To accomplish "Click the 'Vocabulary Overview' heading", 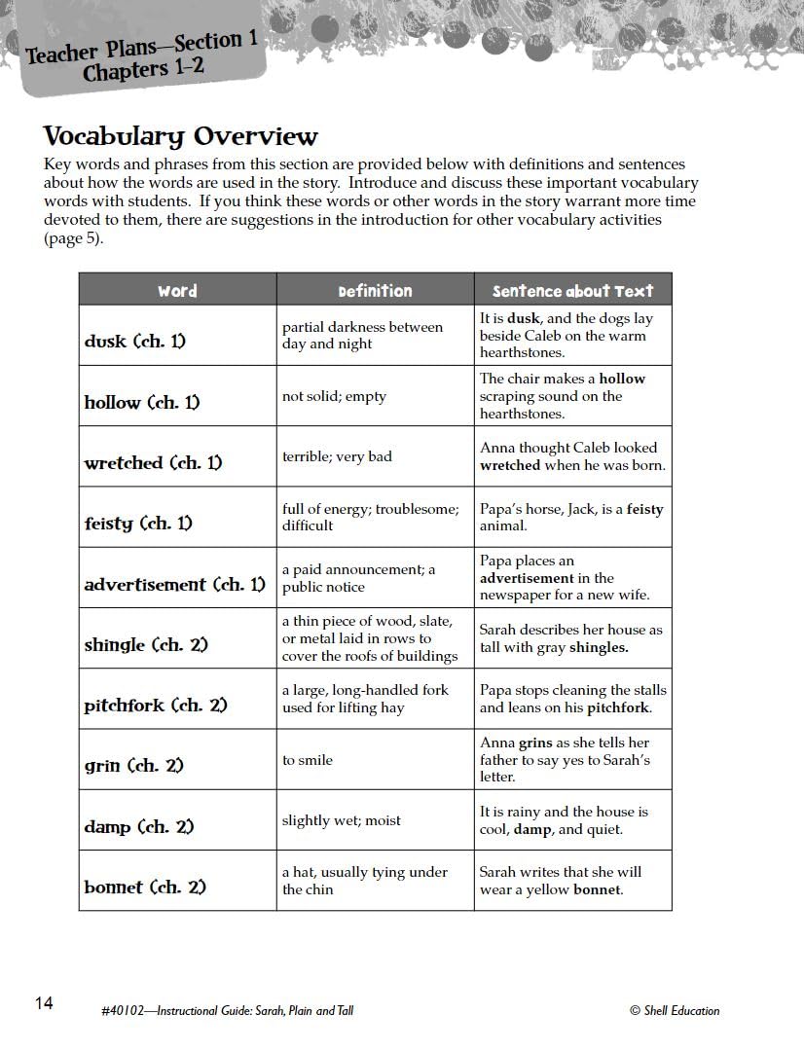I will click(180, 136).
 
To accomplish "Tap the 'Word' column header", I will click(177, 291).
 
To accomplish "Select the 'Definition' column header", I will click(375, 291).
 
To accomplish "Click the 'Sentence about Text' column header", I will click(572, 291).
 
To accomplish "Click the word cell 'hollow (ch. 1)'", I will click(142, 402).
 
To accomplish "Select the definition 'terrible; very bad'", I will click(337, 456).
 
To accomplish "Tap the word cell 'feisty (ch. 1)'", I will click(138, 524).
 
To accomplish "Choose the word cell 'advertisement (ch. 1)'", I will click(174, 585).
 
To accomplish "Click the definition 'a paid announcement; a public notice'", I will click(358, 578).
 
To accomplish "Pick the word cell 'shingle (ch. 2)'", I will click(146, 645).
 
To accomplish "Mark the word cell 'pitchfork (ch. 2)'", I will click(156, 706).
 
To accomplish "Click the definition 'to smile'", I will click(308, 760).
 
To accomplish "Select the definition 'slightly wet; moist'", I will click(342, 820).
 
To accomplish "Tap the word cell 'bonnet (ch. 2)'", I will click(145, 888).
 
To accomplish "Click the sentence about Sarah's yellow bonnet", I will click(561, 881).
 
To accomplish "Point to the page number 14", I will click(44, 1003).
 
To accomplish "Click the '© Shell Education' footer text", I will click(675, 1011).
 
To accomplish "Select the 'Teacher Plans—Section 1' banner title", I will click(142, 48).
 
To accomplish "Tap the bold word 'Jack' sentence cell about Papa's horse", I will click(571, 517).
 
